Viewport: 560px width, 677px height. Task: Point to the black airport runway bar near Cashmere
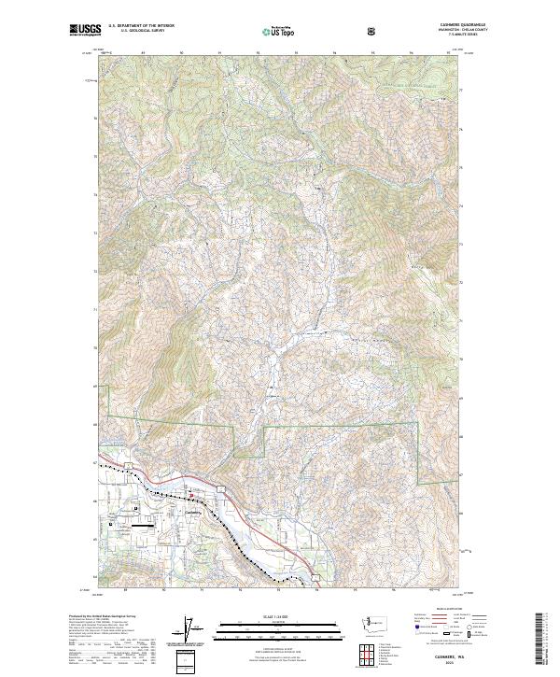coord(144,526)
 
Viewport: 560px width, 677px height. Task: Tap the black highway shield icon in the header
coord(371,31)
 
